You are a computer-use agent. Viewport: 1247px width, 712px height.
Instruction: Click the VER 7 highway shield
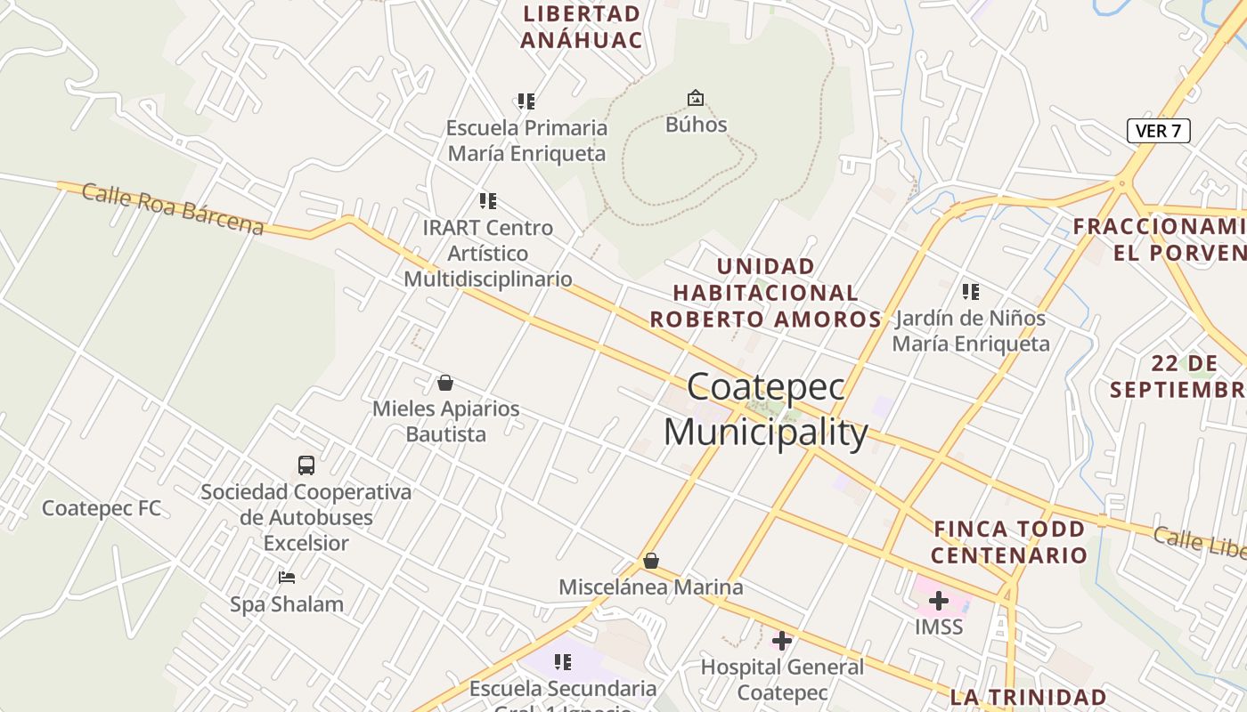click(x=1158, y=131)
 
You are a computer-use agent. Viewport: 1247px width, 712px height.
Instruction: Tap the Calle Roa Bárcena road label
click(x=173, y=209)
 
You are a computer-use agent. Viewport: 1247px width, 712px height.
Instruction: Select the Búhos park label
click(x=696, y=125)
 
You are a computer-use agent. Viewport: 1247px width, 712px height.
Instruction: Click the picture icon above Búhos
click(x=695, y=98)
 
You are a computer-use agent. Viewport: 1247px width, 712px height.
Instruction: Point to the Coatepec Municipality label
click(x=766, y=410)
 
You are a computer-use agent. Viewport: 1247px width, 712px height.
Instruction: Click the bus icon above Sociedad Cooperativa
click(x=306, y=465)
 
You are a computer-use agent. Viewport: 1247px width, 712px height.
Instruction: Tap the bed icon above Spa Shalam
click(x=286, y=577)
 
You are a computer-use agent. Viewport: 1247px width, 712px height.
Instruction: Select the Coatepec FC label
click(x=102, y=508)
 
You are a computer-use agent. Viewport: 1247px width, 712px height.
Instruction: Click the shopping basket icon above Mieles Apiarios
click(x=445, y=383)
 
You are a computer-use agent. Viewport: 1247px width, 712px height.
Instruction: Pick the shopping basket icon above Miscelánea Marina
click(x=651, y=561)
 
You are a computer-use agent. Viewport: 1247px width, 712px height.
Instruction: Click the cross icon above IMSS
click(x=938, y=602)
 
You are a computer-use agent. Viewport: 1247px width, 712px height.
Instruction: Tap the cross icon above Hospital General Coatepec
click(x=782, y=640)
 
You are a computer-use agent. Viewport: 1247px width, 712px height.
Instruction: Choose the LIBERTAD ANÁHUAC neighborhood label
click(x=582, y=27)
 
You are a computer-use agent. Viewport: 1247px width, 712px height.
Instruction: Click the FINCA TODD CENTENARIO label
click(x=1009, y=542)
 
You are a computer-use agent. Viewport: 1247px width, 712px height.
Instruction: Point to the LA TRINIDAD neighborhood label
click(x=1028, y=697)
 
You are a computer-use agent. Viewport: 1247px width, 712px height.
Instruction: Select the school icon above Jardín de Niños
click(x=971, y=291)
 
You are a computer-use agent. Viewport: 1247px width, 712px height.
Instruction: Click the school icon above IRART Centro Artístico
click(x=487, y=201)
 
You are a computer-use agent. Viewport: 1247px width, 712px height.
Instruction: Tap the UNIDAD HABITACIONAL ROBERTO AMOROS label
click(x=766, y=292)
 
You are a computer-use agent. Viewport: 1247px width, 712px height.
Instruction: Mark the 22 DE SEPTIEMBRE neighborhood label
click(x=1178, y=376)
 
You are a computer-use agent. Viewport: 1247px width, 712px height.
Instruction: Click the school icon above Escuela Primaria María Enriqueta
click(x=526, y=101)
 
